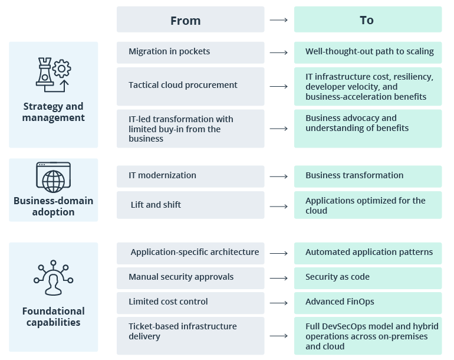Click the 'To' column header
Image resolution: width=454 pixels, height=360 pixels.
367,20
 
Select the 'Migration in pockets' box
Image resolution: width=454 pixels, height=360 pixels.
190,52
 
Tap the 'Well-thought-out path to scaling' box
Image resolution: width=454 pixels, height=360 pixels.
368,52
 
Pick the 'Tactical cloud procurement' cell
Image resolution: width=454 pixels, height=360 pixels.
190,86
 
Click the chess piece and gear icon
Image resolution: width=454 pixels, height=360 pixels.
53,76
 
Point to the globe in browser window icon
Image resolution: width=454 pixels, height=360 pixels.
53,177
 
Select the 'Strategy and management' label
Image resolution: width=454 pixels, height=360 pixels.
53,112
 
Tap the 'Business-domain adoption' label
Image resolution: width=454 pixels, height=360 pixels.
53,207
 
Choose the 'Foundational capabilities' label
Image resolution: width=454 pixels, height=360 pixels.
53,317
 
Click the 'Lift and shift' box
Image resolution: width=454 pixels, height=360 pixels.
190,205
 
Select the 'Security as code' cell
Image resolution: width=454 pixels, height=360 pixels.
368,277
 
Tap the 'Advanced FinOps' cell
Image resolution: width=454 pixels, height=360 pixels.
368,302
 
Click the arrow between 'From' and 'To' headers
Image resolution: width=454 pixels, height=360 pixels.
279,20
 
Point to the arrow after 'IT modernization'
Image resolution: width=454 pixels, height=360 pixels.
279,176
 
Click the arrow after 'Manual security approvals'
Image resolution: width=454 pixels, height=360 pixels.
279,278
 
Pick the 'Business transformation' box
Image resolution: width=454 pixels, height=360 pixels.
368,176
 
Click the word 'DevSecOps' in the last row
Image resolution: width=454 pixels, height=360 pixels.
350,326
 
